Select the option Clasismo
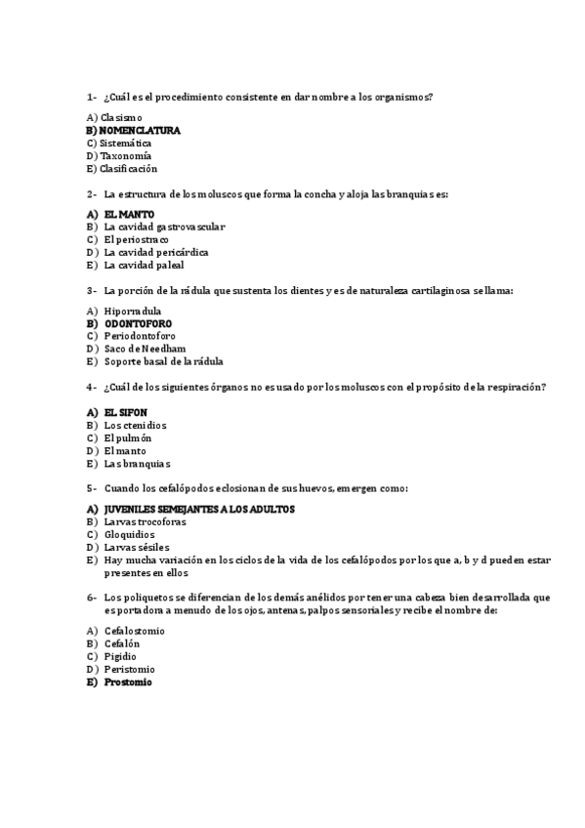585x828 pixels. tap(120, 117)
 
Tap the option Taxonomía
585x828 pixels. tap(125, 155)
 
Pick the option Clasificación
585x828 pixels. tap(129, 168)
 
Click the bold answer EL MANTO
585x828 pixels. tap(129, 214)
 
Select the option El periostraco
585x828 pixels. tap(136, 239)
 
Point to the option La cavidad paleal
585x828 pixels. tap(144, 265)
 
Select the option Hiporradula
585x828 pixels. tap(133, 310)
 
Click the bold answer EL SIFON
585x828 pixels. tap(126, 413)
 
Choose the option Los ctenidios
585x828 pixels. tap(135, 426)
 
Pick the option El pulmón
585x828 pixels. tap(128, 438)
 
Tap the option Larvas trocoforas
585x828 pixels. tap(145, 521)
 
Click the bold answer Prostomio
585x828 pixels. tap(128, 683)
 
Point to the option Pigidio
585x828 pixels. tap(120, 657)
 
